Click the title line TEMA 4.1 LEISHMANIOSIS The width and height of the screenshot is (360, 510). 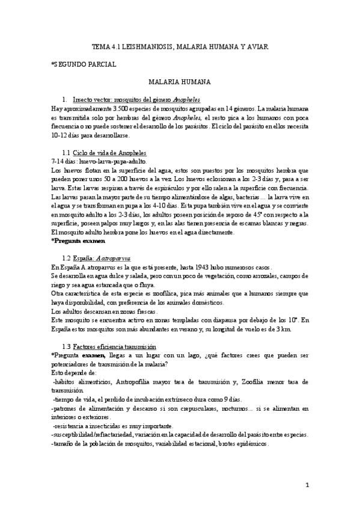(180, 46)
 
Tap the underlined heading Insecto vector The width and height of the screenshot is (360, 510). (136, 99)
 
